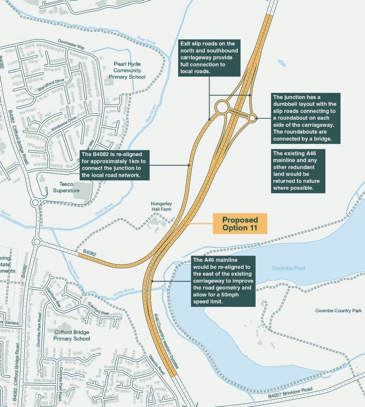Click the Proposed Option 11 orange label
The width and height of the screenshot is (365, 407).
(x=240, y=224)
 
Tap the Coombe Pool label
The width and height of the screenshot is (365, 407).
(x=288, y=269)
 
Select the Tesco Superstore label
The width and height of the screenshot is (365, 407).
(x=66, y=187)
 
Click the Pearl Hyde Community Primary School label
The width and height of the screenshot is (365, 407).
(x=127, y=70)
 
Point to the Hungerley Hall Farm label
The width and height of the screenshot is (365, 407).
(x=161, y=206)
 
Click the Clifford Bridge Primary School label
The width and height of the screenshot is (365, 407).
(x=72, y=335)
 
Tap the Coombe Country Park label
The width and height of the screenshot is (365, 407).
(x=338, y=311)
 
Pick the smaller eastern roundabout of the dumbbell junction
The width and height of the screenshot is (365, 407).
(x=252, y=118)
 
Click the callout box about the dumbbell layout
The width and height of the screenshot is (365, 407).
(x=306, y=118)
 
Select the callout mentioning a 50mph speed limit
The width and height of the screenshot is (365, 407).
(x=223, y=281)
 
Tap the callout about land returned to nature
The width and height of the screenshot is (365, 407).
(x=298, y=171)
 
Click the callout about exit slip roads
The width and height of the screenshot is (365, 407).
(x=209, y=58)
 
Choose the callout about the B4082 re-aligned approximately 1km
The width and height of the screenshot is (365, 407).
(x=115, y=165)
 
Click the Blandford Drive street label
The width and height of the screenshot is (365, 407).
(x=51, y=86)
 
